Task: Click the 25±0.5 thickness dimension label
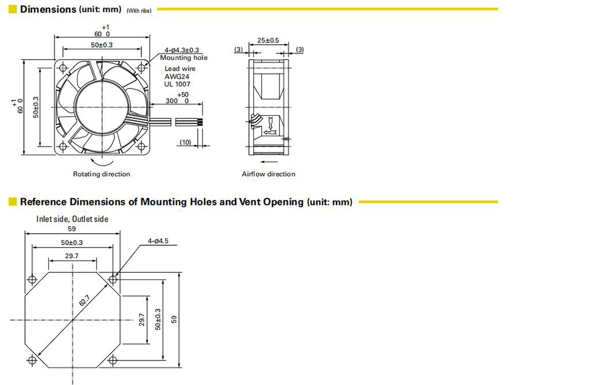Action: pos(268,40)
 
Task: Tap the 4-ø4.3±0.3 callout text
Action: pos(182,50)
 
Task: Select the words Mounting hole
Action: pos(184,58)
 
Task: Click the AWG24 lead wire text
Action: pos(177,76)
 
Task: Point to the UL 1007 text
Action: pos(177,84)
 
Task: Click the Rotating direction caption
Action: pos(102,174)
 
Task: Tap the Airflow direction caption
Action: pos(269,174)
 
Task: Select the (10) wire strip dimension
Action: pos(185,142)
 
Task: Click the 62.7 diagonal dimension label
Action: pos(84,300)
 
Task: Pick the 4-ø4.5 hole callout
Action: pos(158,241)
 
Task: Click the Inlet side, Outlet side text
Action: pos(72,219)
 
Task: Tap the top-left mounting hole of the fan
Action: pos(63,68)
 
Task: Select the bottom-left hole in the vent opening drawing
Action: pos(32,360)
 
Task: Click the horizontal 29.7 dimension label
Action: pos(72,256)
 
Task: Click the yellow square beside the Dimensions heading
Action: pos(12,9)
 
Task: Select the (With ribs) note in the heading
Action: pos(139,10)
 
